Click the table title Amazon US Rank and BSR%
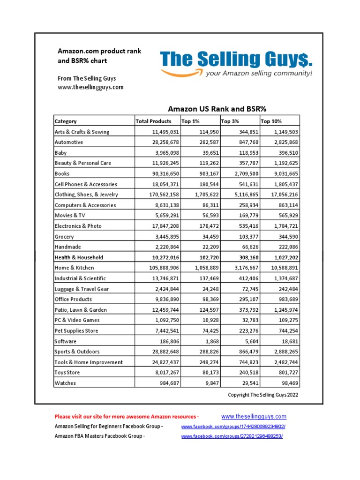tap(217, 109)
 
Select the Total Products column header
tap(153, 121)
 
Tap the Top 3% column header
tap(229, 121)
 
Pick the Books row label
tap(62, 173)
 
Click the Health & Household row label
tap(79, 257)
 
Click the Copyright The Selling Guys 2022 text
tap(262, 395)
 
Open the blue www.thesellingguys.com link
tap(254, 416)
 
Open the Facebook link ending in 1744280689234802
tap(233, 427)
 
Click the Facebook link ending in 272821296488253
tap(232, 436)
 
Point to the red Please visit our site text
tap(127, 416)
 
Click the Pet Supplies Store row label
tap(77, 331)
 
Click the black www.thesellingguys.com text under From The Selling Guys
tap(90, 87)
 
